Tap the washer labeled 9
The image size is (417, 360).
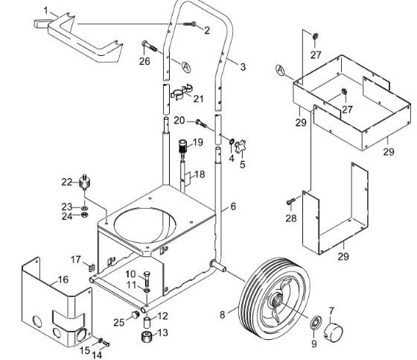[315, 323]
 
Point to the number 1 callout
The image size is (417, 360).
[46, 10]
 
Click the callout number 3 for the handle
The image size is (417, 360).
[243, 67]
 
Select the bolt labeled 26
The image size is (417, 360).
[153, 48]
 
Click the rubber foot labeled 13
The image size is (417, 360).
[148, 335]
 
